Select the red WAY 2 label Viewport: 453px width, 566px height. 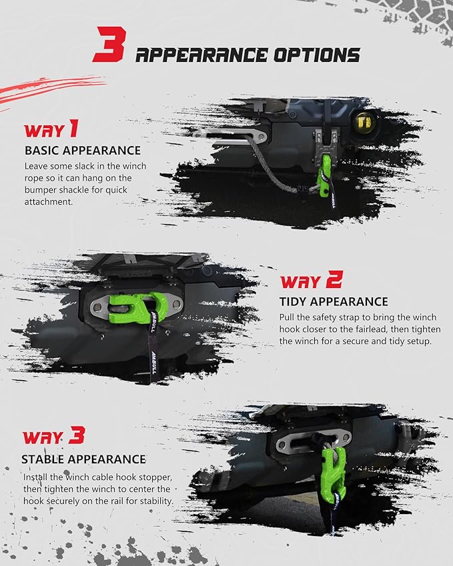click(310, 281)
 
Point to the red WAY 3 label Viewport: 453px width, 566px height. click(53, 437)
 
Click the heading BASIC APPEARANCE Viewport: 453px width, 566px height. click(83, 150)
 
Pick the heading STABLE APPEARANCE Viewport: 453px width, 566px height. click(83, 459)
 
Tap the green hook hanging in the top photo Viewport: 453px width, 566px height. click(328, 175)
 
